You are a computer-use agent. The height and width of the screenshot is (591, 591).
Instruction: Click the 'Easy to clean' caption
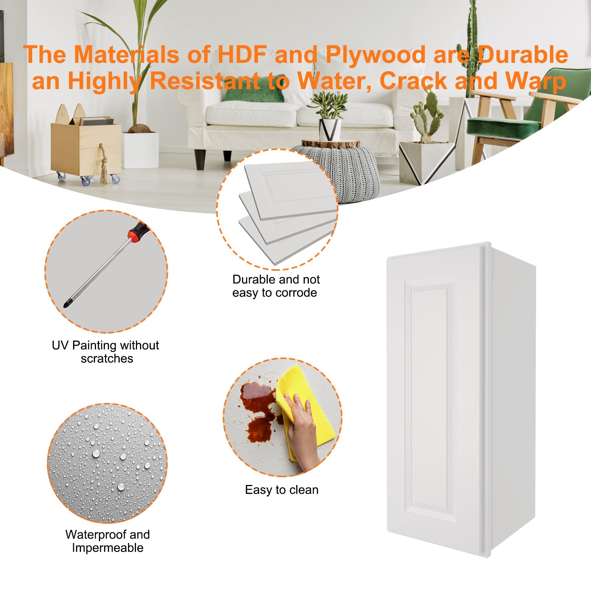pos(282,490)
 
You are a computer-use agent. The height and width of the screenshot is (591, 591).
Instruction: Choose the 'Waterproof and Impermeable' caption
pos(107,541)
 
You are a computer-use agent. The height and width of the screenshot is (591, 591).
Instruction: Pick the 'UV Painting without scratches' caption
pos(106,352)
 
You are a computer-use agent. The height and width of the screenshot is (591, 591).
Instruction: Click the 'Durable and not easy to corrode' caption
pos(276,286)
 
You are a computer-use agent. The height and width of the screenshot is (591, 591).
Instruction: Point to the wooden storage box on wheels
pos(86,148)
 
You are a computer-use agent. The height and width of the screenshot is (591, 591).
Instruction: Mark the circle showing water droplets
pos(107,463)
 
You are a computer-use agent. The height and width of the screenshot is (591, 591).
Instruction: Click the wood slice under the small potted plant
pos(331,144)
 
